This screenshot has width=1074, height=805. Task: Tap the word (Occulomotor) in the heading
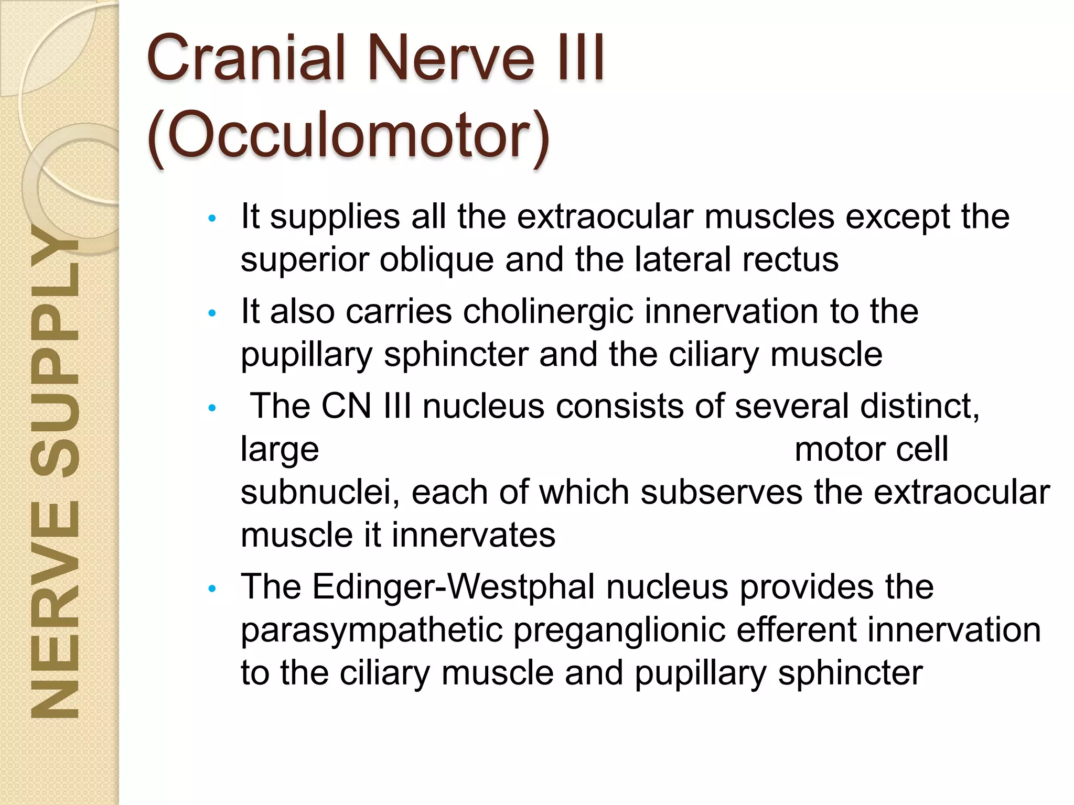click(x=349, y=135)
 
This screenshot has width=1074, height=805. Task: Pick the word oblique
click(x=436, y=260)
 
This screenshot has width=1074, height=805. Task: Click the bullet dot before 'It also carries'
click(x=212, y=313)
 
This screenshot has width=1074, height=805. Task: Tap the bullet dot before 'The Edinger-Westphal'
click(x=212, y=589)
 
